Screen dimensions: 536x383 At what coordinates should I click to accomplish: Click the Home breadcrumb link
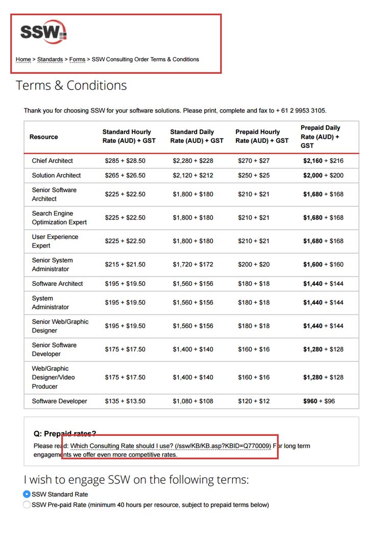coord(23,59)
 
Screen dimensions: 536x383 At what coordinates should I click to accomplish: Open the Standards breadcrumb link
coord(50,59)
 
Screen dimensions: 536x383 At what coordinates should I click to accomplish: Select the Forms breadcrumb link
coord(77,59)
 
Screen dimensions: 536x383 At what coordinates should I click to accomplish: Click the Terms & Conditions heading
coord(71,85)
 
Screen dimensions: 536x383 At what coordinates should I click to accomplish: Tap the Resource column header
coord(44,137)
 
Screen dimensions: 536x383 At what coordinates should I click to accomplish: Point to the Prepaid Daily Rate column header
coord(320,136)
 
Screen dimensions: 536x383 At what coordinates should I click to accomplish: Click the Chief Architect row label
coord(52,161)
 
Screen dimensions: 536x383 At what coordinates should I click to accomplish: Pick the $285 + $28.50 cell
coord(125,161)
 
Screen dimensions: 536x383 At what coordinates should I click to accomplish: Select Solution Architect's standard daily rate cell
coord(193,175)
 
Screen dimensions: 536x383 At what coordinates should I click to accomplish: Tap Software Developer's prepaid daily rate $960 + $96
coord(319,401)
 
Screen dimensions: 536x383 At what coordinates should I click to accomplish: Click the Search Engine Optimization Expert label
coord(59,217)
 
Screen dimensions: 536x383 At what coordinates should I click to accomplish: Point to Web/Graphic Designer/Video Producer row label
coord(53,377)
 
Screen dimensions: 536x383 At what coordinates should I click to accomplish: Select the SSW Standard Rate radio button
coord(27,494)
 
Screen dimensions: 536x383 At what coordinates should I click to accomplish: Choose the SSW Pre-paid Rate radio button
coord(27,505)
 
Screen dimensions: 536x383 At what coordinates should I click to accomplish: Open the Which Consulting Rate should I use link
coord(170,446)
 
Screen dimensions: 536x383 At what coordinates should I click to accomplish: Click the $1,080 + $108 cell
coord(193,401)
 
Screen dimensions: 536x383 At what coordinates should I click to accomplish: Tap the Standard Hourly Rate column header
coord(129,136)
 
